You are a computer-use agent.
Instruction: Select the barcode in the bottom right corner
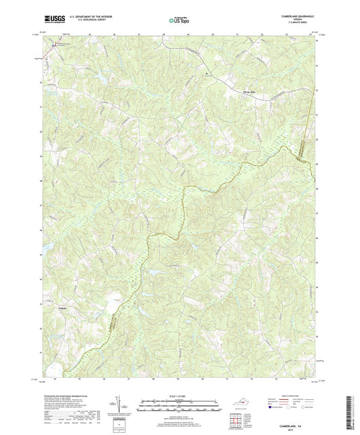click(351, 413)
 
